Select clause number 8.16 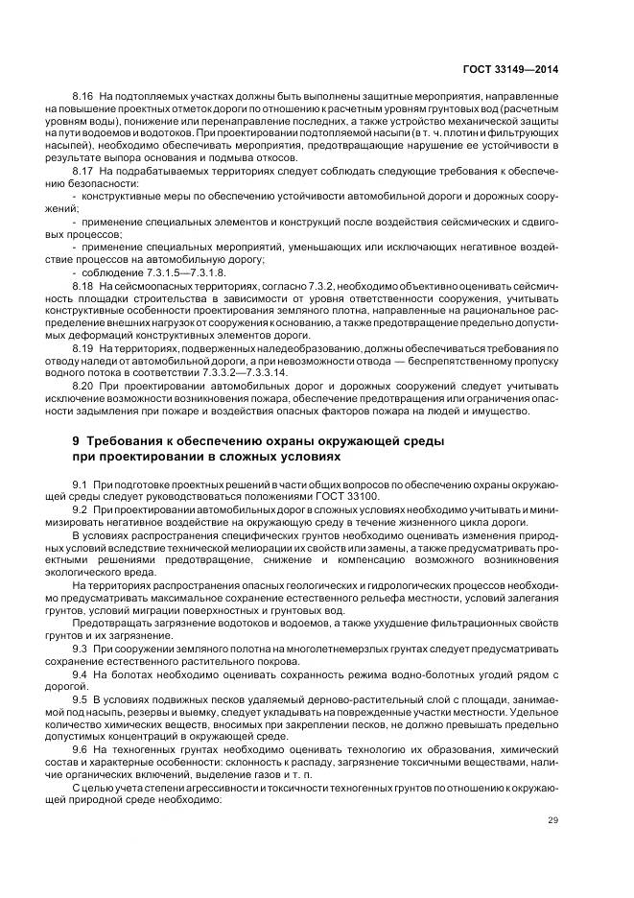point(82,99)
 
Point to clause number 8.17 point(82,169)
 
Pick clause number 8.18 point(82,286)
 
